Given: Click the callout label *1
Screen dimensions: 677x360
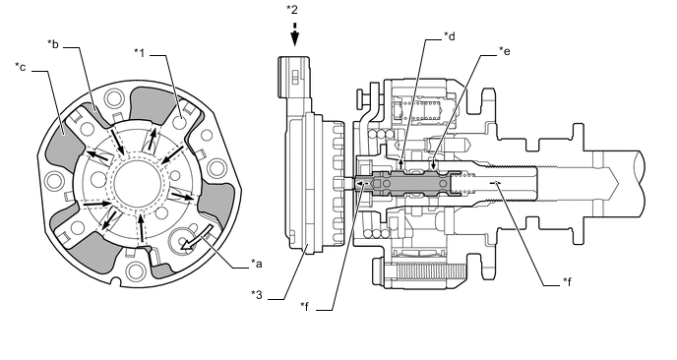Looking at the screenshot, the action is (x=139, y=53).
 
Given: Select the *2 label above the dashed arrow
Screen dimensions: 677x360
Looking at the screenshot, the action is (x=292, y=10).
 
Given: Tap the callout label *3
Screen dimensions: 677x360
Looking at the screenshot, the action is (x=257, y=295).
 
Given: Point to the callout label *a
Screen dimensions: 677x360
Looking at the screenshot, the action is (x=257, y=264).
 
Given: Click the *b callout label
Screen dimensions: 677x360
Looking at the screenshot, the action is (x=53, y=44).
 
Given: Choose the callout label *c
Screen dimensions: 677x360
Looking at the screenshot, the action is (x=21, y=67).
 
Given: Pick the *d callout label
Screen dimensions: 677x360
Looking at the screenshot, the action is (x=450, y=36).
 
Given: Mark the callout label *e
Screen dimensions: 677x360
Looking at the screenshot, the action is (x=505, y=51).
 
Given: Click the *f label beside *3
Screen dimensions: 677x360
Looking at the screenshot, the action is (x=305, y=306).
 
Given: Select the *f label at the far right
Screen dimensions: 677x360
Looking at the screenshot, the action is (x=567, y=282).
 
